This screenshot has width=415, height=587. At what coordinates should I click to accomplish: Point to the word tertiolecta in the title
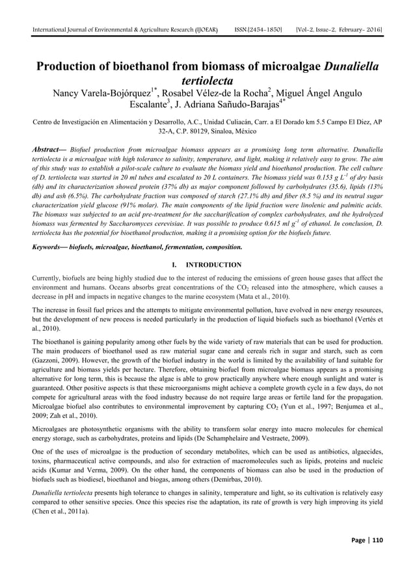click(x=207, y=84)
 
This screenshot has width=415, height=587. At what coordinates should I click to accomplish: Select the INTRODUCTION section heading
click(x=213, y=265)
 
